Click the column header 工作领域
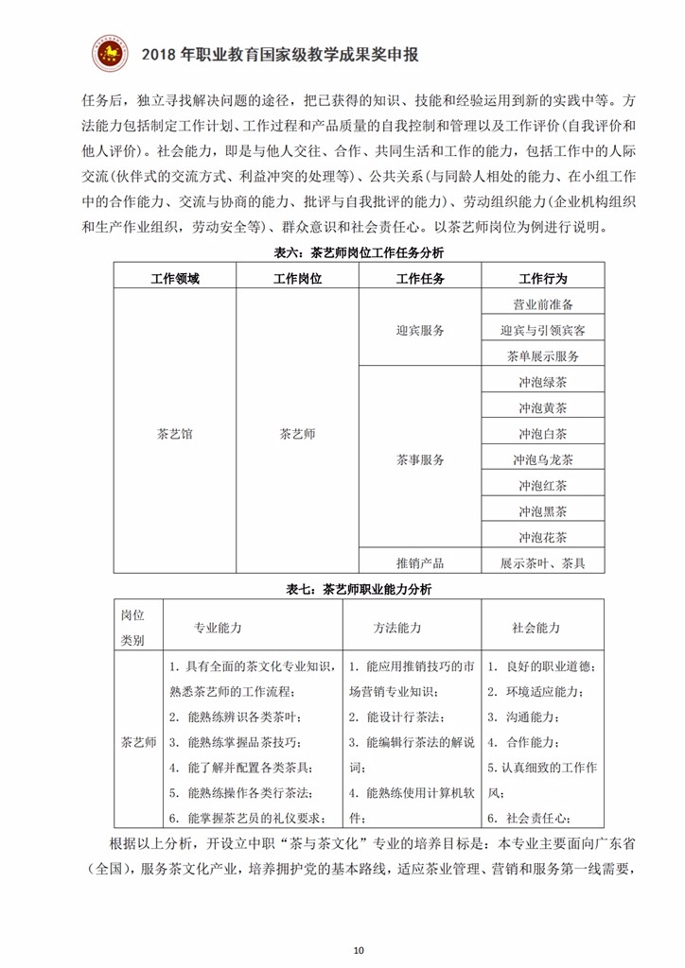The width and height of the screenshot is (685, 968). tap(175, 279)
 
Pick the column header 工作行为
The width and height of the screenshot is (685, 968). tap(542, 279)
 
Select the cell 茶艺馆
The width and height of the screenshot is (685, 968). tap(175, 434)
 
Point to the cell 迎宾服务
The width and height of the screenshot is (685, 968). tap(420, 330)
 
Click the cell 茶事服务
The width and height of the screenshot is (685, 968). tap(420, 460)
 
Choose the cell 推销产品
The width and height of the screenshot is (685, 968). tap(420, 562)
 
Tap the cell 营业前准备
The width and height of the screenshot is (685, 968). tap(543, 304)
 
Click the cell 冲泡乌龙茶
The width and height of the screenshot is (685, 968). tap(543, 460)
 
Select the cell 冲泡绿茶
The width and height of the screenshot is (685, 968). tap(543, 382)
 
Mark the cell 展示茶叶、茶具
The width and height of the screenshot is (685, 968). tap(543, 562)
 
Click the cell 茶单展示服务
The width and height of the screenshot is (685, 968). tap(543, 356)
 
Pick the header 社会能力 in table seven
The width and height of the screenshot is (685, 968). tap(536, 628)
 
